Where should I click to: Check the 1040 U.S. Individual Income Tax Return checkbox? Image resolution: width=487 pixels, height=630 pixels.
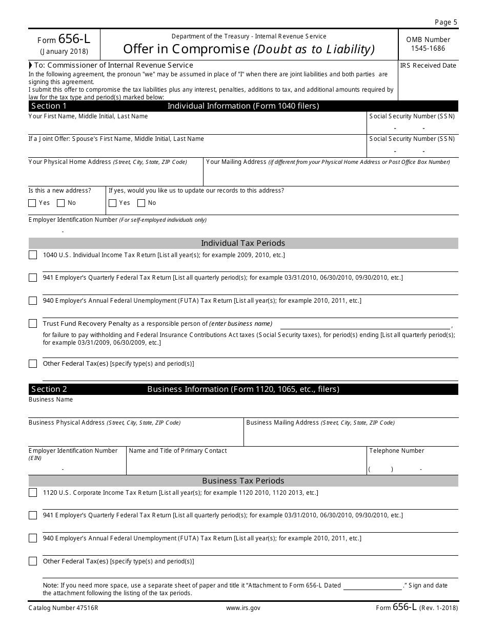[x=33, y=255]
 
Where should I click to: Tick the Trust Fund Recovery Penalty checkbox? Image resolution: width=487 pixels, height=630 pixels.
[x=33, y=324]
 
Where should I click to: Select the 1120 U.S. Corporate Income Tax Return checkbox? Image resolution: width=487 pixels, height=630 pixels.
[x=33, y=493]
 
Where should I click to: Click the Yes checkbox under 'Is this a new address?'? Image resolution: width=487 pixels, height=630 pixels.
[x=32, y=203]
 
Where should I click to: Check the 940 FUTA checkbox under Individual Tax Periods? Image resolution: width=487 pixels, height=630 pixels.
[x=33, y=301]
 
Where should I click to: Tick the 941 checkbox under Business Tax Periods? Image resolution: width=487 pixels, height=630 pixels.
[x=33, y=515]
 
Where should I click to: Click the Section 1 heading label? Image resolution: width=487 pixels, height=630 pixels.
[x=49, y=106]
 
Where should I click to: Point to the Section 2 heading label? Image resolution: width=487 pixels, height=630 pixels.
[x=49, y=389]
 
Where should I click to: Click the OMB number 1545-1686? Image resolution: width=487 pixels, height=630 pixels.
[x=428, y=49]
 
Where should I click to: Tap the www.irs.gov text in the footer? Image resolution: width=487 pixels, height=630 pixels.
[x=243, y=608]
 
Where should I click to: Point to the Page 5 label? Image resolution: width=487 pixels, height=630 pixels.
[x=445, y=22]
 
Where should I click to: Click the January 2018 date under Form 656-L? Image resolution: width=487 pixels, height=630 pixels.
[x=64, y=51]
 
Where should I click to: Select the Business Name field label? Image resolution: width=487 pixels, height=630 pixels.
[x=51, y=400]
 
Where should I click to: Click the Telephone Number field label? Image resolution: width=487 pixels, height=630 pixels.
[x=396, y=451]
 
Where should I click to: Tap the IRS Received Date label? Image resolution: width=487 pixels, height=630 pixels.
[x=428, y=66]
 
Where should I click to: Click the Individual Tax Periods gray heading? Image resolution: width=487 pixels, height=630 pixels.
[x=243, y=243]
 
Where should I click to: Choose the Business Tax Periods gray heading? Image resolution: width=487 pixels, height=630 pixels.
[x=243, y=481]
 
